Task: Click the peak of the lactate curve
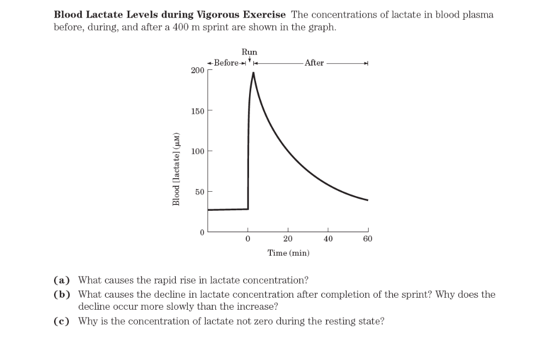[x=253, y=73]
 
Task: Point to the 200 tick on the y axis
[x=197, y=70]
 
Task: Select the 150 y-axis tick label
[x=197, y=111]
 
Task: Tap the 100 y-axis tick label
[x=197, y=151]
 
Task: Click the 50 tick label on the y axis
[x=199, y=192]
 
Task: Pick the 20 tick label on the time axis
[x=288, y=239]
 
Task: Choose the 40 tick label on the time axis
[x=328, y=239]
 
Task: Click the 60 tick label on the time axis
[x=368, y=239]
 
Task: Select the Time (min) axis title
[x=288, y=253]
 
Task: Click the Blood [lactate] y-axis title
[x=176, y=169]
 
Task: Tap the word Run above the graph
[x=249, y=52]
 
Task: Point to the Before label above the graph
[x=226, y=62]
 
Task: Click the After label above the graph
[x=314, y=63]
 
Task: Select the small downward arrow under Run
[x=250, y=59]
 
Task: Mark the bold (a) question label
[x=62, y=280]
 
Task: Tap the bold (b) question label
[x=62, y=294]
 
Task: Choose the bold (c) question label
[x=62, y=321]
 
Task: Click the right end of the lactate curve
[x=368, y=200]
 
